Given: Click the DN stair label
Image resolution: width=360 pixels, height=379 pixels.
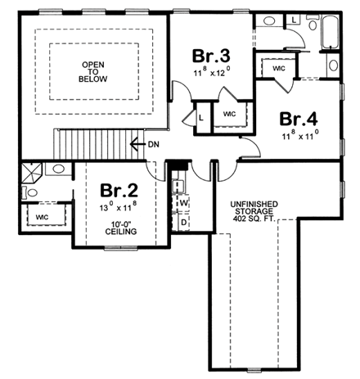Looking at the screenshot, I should [x=153, y=144].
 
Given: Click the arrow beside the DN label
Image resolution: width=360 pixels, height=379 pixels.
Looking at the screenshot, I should [x=137, y=144].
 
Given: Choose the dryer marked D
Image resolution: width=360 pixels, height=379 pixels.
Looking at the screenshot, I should [x=183, y=221].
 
